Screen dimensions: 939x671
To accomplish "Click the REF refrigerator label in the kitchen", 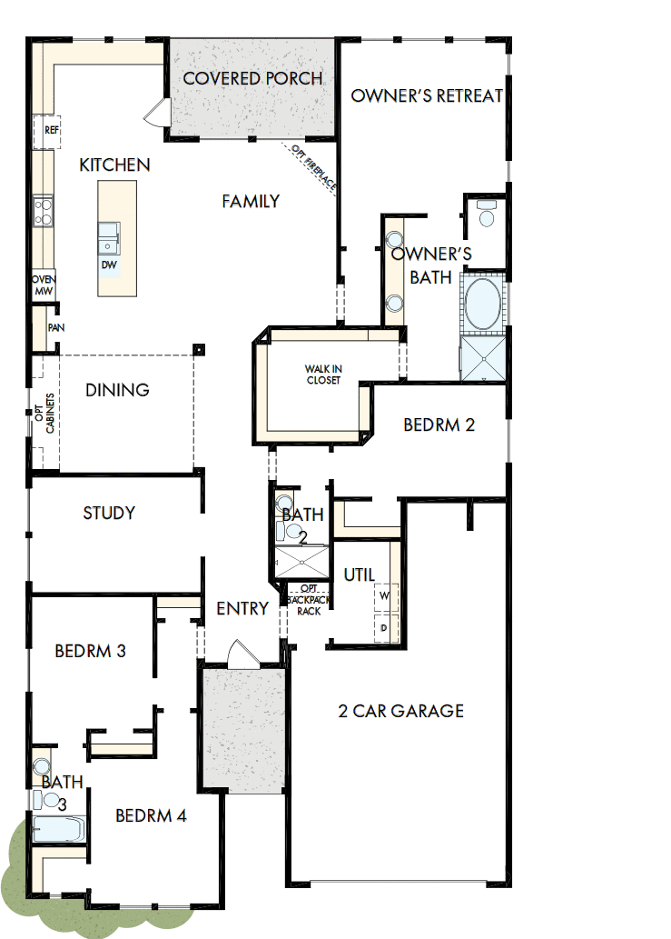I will (x=51, y=131).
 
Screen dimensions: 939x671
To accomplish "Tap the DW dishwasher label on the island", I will (x=109, y=265).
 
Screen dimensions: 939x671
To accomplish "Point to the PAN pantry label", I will (x=55, y=327).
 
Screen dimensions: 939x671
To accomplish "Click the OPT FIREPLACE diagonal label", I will (x=314, y=169).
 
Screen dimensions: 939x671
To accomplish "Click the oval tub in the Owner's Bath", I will (x=482, y=305).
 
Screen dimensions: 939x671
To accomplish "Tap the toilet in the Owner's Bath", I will (x=487, y=216).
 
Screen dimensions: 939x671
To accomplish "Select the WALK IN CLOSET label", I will (x=322, y=375).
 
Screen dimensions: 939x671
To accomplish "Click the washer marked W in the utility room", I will (x=384, y=596).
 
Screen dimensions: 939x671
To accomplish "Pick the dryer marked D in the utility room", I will (x=384, y=628).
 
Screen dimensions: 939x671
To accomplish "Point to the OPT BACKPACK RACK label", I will (x=308, y=600).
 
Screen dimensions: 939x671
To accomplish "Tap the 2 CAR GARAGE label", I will (x=400, y=711).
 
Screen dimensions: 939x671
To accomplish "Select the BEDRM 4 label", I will (x=151, y=815).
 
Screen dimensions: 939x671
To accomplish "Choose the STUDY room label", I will (x=109, y=514).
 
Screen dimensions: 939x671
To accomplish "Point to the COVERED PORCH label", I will (x=252, y=78).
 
